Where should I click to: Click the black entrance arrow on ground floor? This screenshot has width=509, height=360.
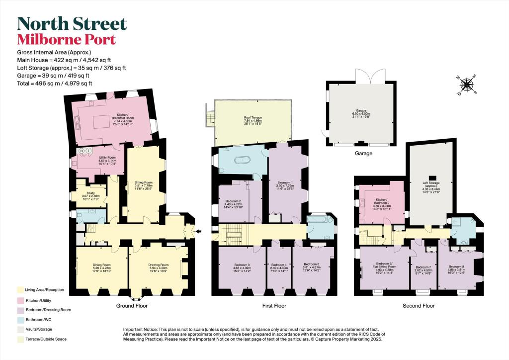pyautogui.click(x=199, y=231)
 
